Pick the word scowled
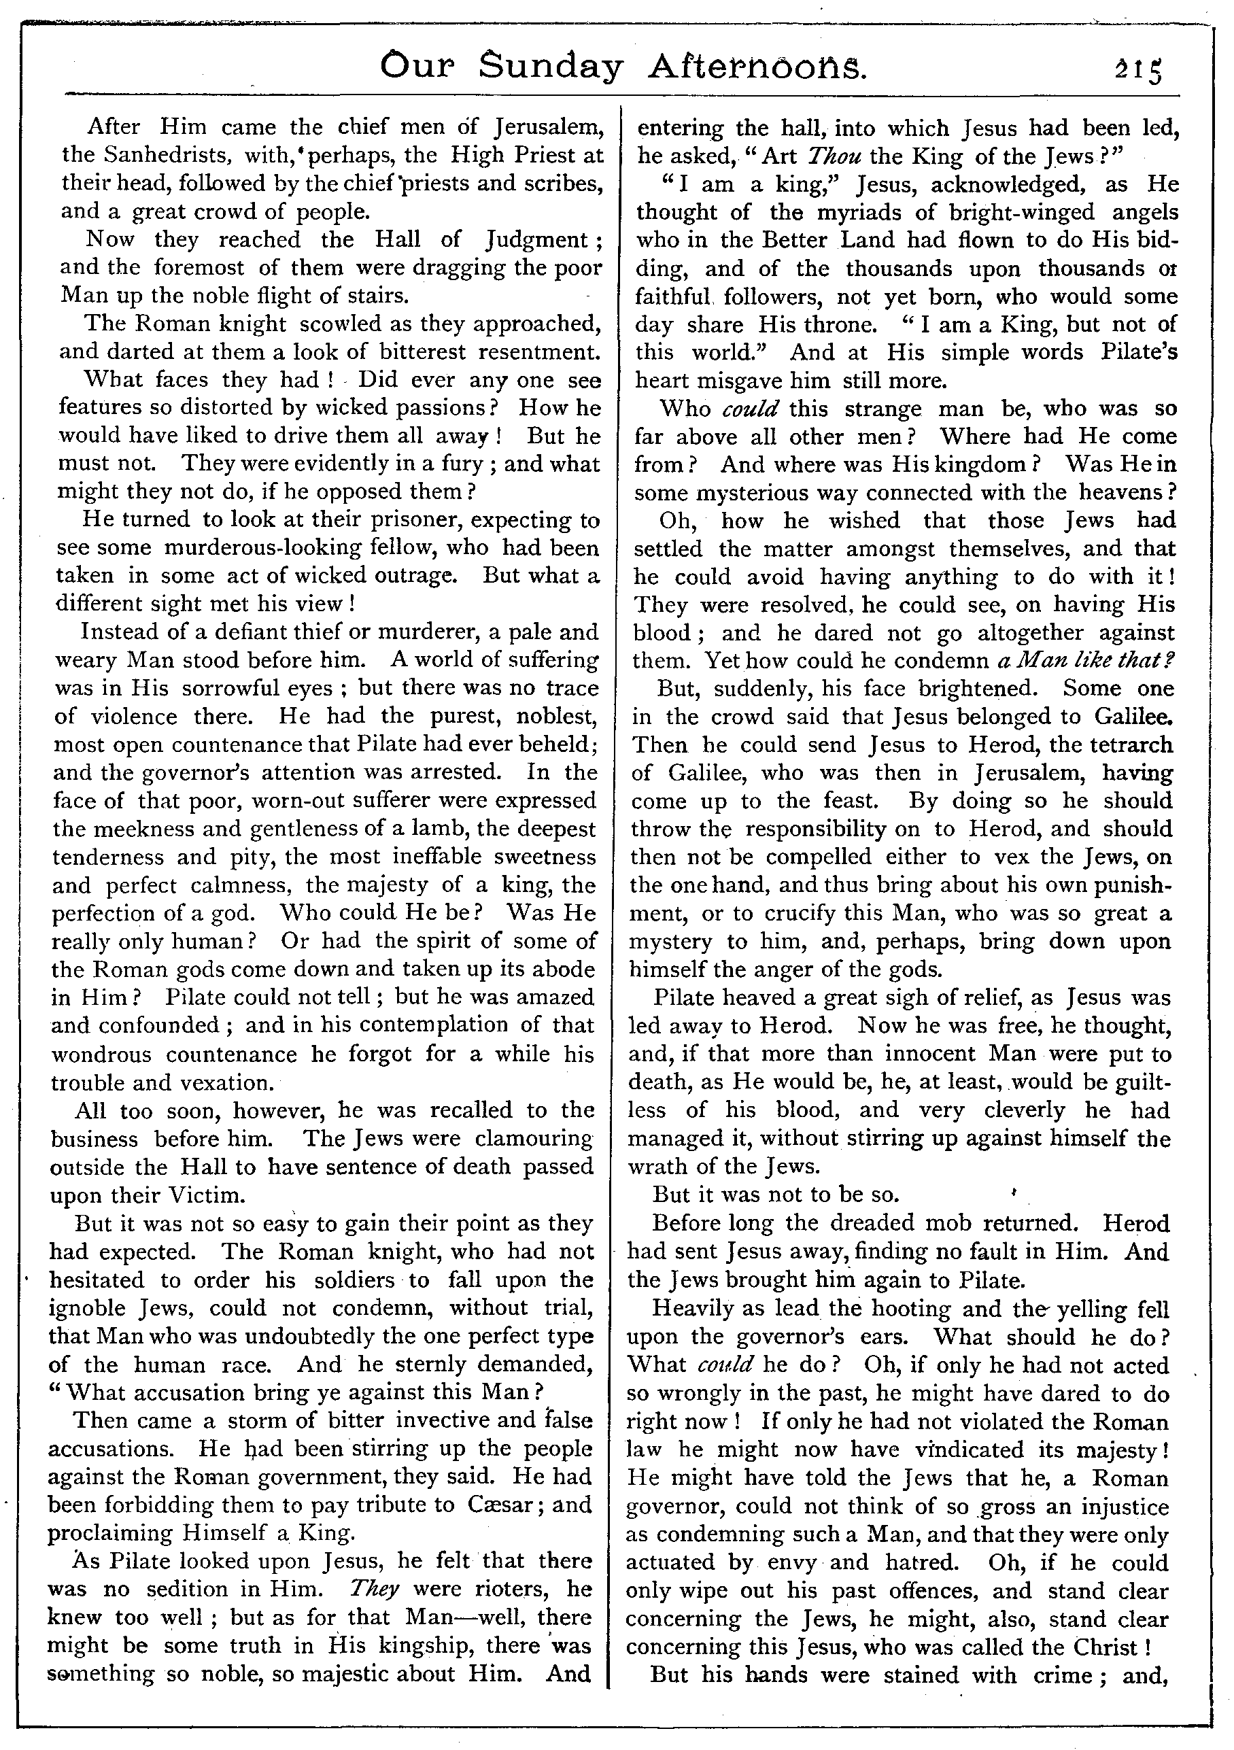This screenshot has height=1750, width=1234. pos(339,324)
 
